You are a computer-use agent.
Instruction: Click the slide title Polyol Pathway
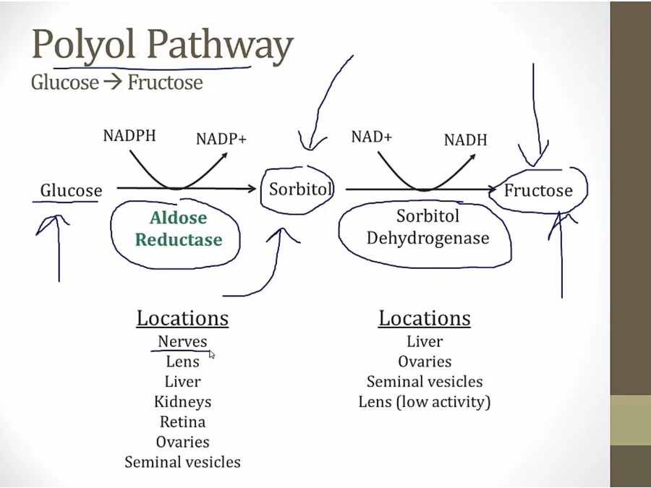162,45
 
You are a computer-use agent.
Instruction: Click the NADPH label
129,135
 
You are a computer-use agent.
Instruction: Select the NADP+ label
221,138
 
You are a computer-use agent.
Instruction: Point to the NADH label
465,140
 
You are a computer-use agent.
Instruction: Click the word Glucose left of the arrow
71,191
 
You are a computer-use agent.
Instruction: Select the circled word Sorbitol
300,189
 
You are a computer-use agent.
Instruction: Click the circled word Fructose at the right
538,191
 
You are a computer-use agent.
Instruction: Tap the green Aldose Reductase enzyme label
179,228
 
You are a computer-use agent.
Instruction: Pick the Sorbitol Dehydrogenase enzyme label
427,226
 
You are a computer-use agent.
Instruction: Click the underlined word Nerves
182,341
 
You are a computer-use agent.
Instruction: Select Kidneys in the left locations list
182,402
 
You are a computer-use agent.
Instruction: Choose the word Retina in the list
182,421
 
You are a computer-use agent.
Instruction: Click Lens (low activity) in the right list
425,402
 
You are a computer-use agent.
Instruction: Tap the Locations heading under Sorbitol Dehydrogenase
425,318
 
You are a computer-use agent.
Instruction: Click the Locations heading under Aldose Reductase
182,318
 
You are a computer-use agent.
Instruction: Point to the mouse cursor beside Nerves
212,354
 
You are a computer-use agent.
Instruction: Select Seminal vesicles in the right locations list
425,382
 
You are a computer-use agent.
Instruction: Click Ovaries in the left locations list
182,442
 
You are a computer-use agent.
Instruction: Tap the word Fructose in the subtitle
165,82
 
